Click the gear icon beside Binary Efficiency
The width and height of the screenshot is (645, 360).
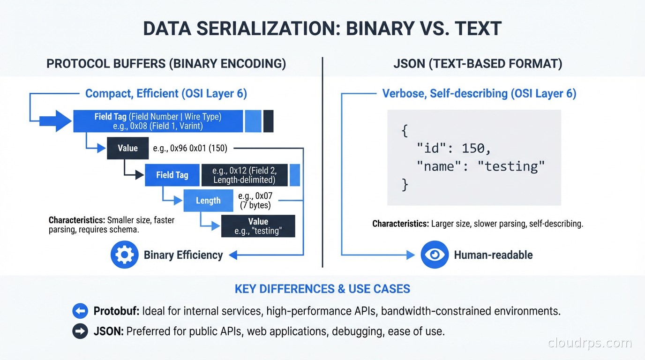pyautogui.click(x=124, y=255)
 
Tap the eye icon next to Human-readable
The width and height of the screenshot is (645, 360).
pyautogui.click(x=435, y=255)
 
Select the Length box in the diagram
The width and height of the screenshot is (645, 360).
pyautogui.click(x=208, y=201)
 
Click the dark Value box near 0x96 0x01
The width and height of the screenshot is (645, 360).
pyautogui.click(x=127, y=148)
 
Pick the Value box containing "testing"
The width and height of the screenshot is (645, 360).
pyautogui.click(x=258, y=226)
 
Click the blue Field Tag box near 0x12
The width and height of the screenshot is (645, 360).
pyautogui.click(x=172, y=175)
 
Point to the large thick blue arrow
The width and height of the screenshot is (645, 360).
pyautogui.click(x=55, y=121)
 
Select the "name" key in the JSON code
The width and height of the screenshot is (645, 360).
pyautogui.click(x=436, y=166)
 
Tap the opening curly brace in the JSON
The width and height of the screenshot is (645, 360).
pyautogui.click(x=405, y=131)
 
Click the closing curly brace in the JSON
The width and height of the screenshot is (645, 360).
pyautogui.click(x=405, y=184)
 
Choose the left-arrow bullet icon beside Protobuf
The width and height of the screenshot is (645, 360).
pyautogui.click(x=80, y=311)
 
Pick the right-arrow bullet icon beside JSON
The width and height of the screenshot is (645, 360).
pyautogui.click(x=80, y=331)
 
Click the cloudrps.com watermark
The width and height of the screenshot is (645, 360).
pyautogui.click(x=590, y=343)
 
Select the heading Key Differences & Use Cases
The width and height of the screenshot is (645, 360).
pyautogui.click(x=322, y=289)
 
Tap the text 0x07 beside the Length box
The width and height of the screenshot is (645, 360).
pyautogui.click(x=255, y=196)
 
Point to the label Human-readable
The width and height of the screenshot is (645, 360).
pyautogui.click(x=493, y=255)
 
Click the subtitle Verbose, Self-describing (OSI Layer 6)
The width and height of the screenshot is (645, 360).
pyautogui.click(x=479, y=93)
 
